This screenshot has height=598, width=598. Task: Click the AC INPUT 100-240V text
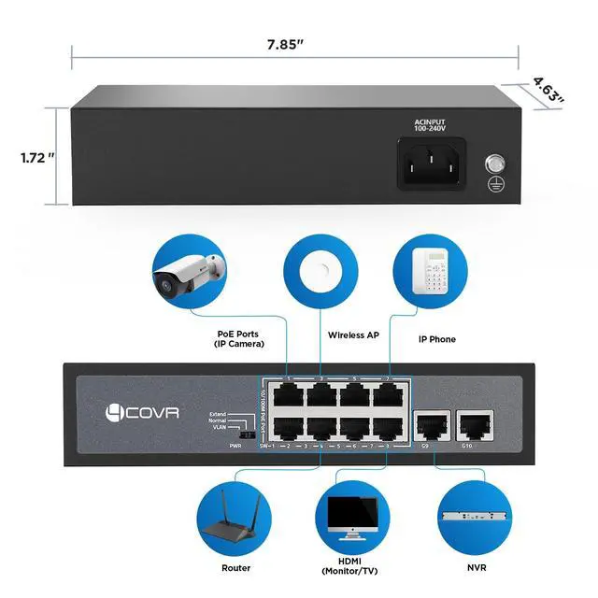[433, 126]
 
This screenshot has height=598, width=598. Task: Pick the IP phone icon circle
[428, 270]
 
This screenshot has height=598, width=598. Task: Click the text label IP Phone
[437, 338]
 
